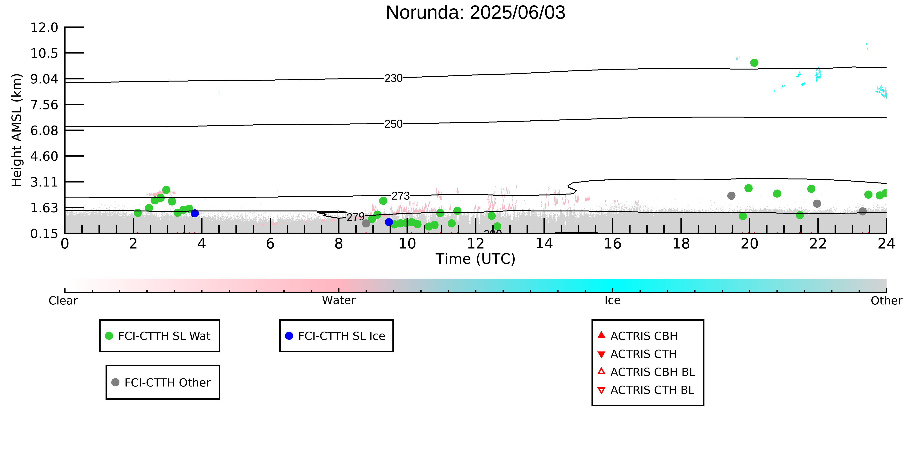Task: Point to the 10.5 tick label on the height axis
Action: tap(44, 53)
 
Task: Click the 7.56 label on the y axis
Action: tap(44, 105)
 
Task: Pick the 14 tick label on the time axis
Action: tap(544, 244)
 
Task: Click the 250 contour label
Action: tap(394, 124)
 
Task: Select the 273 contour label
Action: tap(401, 196)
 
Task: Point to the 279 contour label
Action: tap(355, 217)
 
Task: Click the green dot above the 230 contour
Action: tap(754, 63)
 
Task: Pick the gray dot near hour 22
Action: tap(817, 203)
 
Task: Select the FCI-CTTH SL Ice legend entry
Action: tap(336, 336)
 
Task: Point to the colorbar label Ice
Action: tap(613, 301)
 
